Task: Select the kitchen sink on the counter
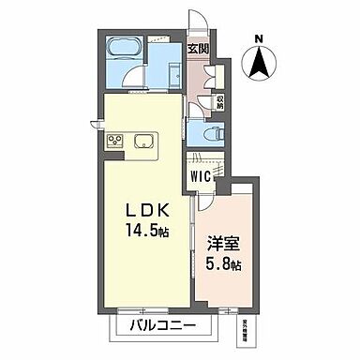pyautogui.click(x=146, y=142)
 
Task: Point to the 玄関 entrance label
pyautogui.click(x=197, y=47)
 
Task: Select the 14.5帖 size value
pyautogui.click(x=142, y=232)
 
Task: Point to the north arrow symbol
pyautogui.click(x=259, y=63)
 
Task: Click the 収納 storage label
pyautogui.click(x=220, y=99)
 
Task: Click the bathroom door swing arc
pyautogui.click(x=135, y=77)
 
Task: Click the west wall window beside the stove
pyautogui.click(x=95, y=122)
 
